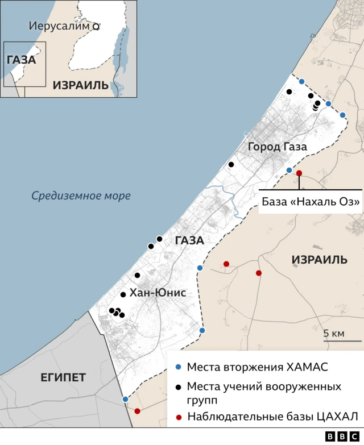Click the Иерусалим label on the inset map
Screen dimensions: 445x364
[x=59, y=26]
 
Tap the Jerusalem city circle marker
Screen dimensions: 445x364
[x=96, y=26]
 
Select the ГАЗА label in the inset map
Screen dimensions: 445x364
[x=21, y=60]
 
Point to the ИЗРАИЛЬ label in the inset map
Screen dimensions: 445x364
[x=80, y=85]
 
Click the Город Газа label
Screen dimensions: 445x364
[x=278, y=147]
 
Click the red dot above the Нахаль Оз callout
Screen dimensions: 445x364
[x=299, y=173]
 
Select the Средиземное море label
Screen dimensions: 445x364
[x=81, y=196]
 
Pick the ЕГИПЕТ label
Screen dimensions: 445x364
[x=63, y=377]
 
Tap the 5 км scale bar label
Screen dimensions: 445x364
[x=334, y=333]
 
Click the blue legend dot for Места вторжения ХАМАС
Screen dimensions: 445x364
[x=179, y=366]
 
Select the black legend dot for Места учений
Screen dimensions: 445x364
[x=179, y=387]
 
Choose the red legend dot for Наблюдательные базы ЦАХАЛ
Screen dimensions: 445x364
[x=179, y=417]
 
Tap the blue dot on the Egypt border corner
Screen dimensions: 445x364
[x=125, y=400]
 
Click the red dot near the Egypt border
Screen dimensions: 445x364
[x=137, y=411]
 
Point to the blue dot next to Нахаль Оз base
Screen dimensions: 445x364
[x=289, y=170]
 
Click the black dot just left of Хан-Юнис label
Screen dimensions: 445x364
[x=123, y=294]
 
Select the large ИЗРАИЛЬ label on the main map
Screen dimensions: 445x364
[x=319, y=260]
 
